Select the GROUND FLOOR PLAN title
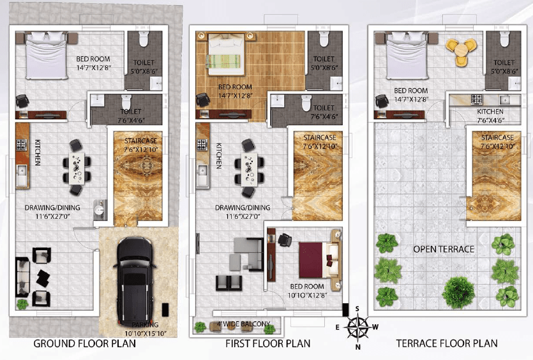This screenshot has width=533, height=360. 85,343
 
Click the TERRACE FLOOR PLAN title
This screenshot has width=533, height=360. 447,343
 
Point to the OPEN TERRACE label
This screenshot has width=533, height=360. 444,249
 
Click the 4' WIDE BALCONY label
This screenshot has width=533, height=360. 244,324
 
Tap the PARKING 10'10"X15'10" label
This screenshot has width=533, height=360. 146,329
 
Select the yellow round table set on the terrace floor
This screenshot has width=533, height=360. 461,50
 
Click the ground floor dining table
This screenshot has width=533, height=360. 77,168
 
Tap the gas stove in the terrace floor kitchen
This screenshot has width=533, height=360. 477,100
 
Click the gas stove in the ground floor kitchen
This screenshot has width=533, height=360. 22,145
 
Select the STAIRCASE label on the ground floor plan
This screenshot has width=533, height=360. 140,140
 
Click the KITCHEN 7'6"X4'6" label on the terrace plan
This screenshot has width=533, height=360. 490,116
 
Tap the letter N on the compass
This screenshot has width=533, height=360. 357,347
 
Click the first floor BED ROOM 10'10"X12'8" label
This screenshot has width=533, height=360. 307,291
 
